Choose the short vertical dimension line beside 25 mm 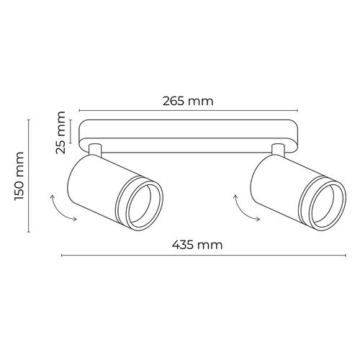point(73,132)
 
